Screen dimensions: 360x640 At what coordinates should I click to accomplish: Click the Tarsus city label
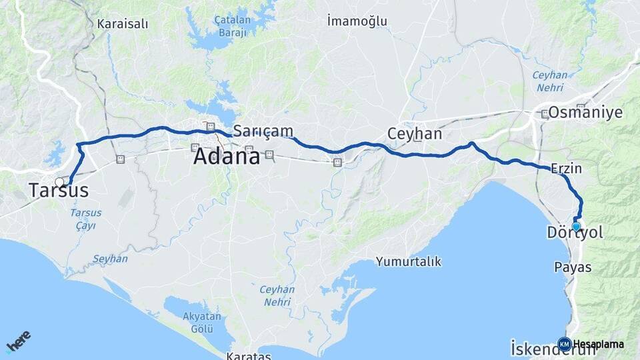[59, 191]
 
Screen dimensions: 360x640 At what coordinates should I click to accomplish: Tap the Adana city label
[226, 157]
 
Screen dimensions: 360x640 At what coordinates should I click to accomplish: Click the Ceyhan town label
[415, 134]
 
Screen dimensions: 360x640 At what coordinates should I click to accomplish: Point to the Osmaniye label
[585, 112]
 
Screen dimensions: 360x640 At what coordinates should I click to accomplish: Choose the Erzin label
[567, 169]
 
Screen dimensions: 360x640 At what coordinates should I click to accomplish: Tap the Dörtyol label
[575, 233]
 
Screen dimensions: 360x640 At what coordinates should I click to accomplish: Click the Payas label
[573, 267]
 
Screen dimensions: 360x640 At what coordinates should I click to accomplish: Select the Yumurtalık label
[409, 261]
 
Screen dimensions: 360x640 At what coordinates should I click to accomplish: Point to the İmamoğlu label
[358, 21]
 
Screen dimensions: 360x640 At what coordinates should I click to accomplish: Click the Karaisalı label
[123, 24]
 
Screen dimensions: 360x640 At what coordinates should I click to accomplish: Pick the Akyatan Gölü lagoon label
[201, 324]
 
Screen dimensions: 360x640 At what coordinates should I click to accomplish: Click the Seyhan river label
[110, 259]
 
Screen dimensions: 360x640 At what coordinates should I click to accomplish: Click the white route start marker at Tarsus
[60, 182]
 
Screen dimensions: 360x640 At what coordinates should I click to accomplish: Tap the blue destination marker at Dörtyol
[576, 226]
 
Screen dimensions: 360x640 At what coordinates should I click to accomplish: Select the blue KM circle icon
[564, 344]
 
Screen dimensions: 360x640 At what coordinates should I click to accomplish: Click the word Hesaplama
[599, 344]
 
